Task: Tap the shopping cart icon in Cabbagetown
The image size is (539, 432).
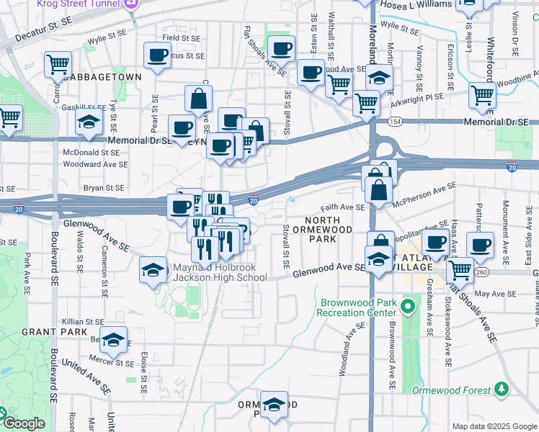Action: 58,64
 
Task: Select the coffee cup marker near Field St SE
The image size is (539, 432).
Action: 156,55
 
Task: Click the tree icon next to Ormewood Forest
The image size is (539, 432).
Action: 502,390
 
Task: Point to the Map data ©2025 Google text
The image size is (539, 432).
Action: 494,426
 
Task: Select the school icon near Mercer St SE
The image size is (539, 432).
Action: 113,339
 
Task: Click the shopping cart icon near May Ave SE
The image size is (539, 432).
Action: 460,271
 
